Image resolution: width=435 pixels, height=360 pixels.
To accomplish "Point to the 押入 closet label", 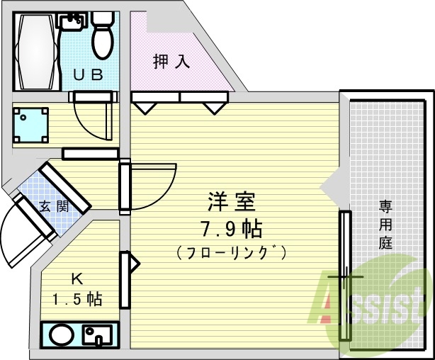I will click(172, 62).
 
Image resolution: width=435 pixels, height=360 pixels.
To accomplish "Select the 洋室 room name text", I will click(230, 203).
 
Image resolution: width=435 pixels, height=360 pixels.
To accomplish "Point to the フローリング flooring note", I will click(230, 252).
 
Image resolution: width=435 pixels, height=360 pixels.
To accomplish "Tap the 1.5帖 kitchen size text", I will click(77, 298).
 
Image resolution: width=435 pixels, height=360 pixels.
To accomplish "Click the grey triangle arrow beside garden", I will click(330, 188).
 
